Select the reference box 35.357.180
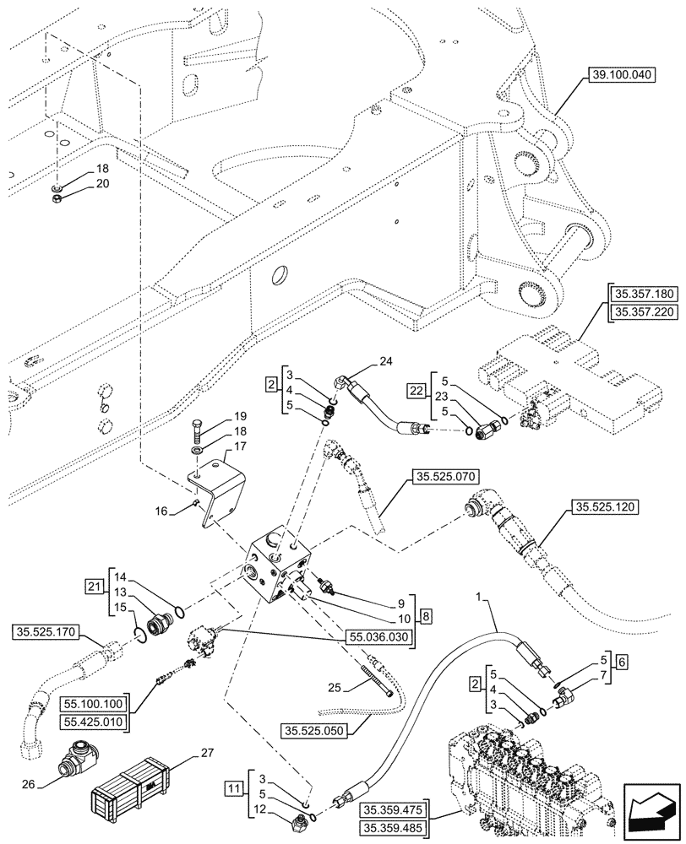[642, 293]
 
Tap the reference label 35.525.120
[606, 507]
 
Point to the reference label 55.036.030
[381, 637]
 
